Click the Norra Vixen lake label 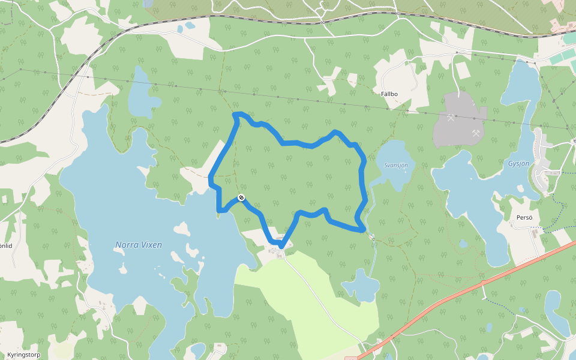138,245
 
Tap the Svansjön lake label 396,165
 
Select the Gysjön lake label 519,163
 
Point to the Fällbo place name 389,94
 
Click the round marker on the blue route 241,197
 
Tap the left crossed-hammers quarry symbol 451,118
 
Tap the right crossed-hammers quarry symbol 476,133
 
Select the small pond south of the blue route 361,285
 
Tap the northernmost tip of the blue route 238,113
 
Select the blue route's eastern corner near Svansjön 362,229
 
